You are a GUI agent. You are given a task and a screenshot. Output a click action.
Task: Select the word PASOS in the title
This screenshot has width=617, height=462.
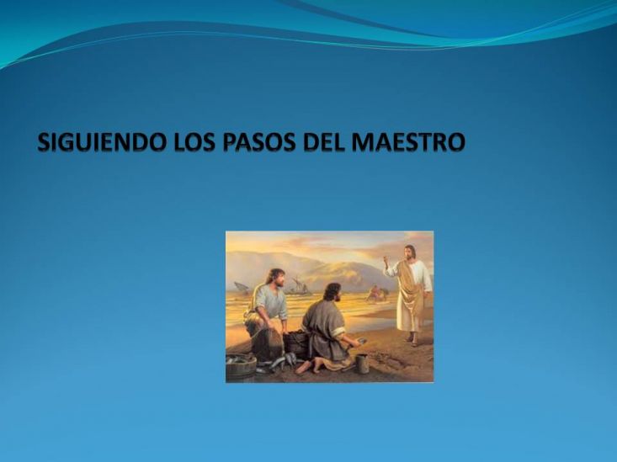point(259,142)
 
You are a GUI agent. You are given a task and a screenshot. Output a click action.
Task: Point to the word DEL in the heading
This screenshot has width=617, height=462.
point(324,142)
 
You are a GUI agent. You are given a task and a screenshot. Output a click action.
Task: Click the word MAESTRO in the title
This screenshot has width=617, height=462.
point(408,142)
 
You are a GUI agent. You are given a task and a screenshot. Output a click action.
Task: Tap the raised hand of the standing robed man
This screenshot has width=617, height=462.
point(386,261)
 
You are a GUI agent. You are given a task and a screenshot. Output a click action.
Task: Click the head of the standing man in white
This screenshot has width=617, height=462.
point(410,252)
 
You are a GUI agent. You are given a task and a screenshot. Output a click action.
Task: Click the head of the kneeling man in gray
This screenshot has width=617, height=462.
point(333,293)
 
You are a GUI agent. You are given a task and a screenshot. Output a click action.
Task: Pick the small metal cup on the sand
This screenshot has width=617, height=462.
point(363,364)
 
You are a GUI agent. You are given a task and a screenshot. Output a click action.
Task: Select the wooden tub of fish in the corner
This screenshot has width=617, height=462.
point(241,367)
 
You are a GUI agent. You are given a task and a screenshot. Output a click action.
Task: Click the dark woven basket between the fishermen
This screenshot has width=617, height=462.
point(295,344)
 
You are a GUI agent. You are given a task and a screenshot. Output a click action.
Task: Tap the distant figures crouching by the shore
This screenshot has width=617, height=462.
point(377,293)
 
